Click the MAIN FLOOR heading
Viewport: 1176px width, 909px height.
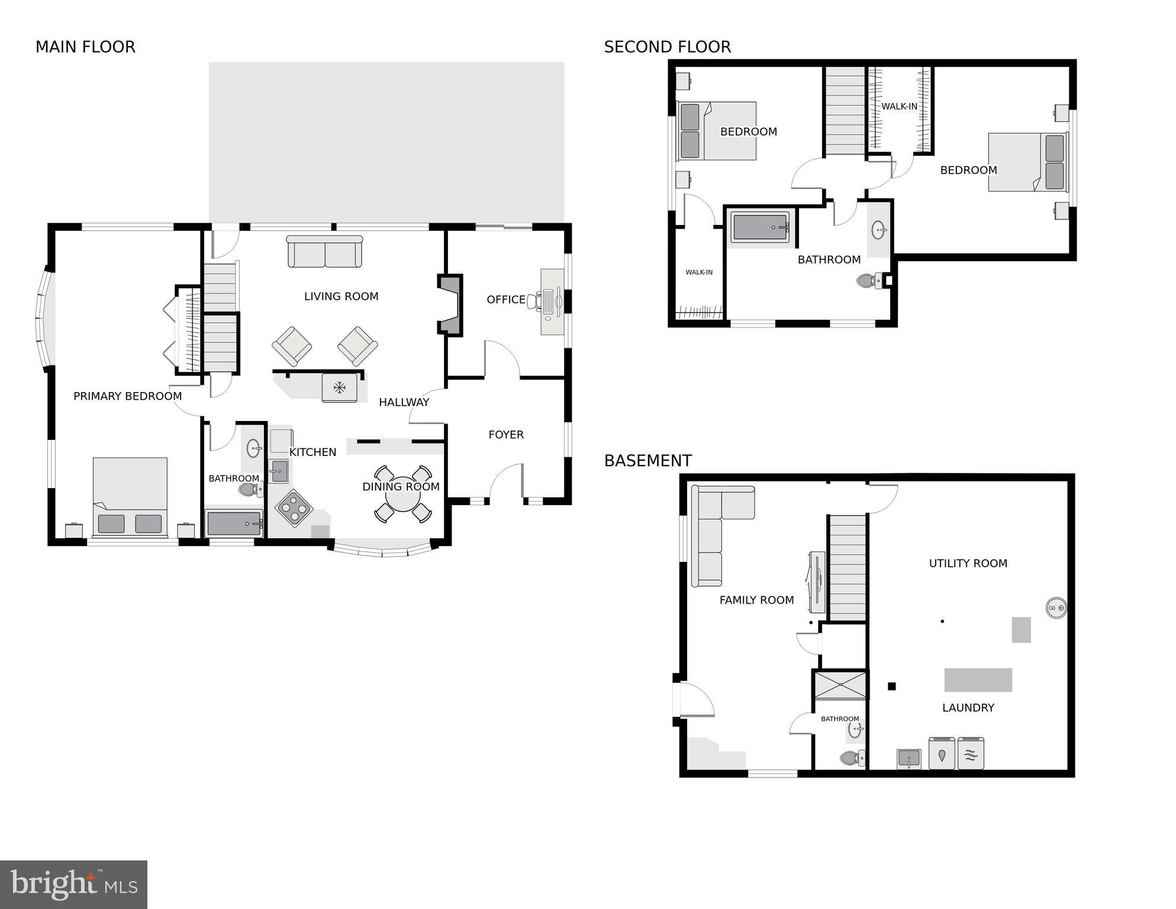[85, 47]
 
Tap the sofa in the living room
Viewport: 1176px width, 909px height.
[324, 252]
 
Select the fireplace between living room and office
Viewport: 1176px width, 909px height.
[450, 305]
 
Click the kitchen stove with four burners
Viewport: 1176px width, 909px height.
[294, 508]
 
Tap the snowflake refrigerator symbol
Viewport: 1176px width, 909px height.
[339, 388]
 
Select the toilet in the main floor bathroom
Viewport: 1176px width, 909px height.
[249, 489]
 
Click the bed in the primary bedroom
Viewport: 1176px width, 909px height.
[130, 497]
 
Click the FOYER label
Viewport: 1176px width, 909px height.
[505, 435]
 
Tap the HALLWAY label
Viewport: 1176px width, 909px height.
[404, 402]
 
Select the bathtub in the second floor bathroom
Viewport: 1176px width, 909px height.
[761, 227]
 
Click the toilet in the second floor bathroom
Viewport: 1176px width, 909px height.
[869, 280]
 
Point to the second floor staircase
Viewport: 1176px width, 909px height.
[845, 111]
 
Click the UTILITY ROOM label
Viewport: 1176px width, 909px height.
[968, 563]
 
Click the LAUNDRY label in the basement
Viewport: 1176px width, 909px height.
[968, 708]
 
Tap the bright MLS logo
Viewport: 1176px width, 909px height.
[73, 885]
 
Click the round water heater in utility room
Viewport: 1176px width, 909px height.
[1056, 608]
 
